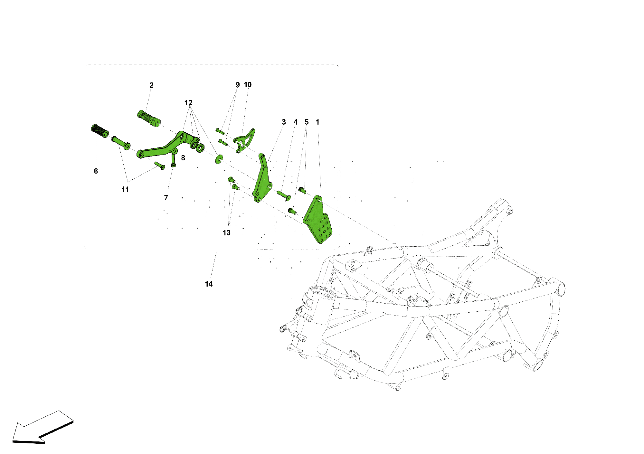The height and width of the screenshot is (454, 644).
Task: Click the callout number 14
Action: coord(209,284)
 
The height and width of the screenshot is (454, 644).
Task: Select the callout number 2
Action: coord(151,85)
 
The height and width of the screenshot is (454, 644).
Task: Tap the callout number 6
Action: coord(96,171)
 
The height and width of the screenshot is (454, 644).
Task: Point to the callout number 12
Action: coord(188,103)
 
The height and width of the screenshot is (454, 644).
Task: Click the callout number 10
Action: coord(248,85)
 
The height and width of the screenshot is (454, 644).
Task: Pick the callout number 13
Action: coord(226,233)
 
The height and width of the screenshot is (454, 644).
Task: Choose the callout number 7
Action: coord(166,198)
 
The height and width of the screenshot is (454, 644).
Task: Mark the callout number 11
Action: coord(125,189)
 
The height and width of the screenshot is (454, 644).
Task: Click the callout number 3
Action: coord(283,122)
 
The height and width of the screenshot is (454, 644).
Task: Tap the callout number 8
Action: coord(183,158)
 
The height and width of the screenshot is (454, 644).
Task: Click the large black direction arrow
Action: coord(42,427)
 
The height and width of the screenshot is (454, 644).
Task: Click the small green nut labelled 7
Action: coord(173,165)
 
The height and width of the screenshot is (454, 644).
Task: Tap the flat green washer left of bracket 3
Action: coord(219,159)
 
